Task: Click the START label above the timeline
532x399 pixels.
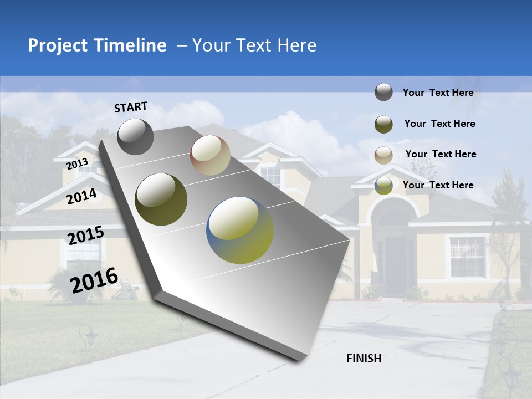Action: (x=131, y=107)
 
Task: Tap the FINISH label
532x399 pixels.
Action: (x=364, y=359)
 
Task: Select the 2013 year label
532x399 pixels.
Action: (x=78, y=164)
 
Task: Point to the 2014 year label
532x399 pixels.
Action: (x=82, y=196)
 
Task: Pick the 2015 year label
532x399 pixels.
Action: (x=86, y=235)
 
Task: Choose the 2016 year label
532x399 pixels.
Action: (x=95, y=280)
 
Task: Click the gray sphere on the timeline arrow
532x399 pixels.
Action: (x=135, y=137)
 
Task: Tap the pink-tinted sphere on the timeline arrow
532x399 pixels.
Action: (x=210, y=155)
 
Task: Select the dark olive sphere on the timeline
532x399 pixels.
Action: (x=161, y=199)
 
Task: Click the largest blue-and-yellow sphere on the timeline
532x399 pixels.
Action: (x=240, y=230)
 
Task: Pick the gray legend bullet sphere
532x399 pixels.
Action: (x=383, y=93)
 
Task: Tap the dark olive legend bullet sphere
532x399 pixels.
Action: (x=383, y=124)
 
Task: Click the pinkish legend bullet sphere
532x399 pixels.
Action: (x=383, y=155)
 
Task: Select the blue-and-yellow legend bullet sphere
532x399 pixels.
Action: (x=383, y=186)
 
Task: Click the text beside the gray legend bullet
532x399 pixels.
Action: (x=438, y=93)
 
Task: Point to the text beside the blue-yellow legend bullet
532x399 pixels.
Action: (x=438, y=185)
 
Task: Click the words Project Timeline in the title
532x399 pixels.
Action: (x=97, y=45)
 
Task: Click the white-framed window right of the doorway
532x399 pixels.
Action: (x=467, y=256)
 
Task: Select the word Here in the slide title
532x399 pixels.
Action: (x=296, y=45)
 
